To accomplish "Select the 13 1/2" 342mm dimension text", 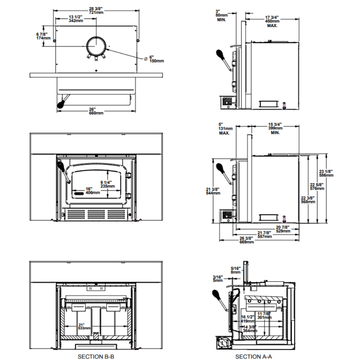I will pos(75,19).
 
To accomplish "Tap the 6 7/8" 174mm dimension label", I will pos(43,36).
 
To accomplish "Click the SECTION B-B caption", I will pos(96,357).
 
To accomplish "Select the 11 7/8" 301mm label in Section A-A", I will pos(264,315).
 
